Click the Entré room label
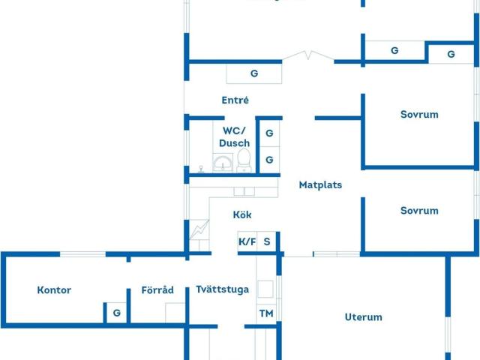235,100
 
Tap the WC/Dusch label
235,136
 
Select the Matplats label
320,184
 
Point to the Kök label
242,215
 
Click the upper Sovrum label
419,115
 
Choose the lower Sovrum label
419,211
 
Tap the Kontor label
54,290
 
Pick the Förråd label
157,290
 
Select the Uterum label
364,317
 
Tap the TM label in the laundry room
266,313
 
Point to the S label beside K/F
267,241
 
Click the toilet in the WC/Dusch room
244,160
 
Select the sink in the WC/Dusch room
223,163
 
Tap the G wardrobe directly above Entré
254,73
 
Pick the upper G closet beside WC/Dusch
269,133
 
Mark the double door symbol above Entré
308,55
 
